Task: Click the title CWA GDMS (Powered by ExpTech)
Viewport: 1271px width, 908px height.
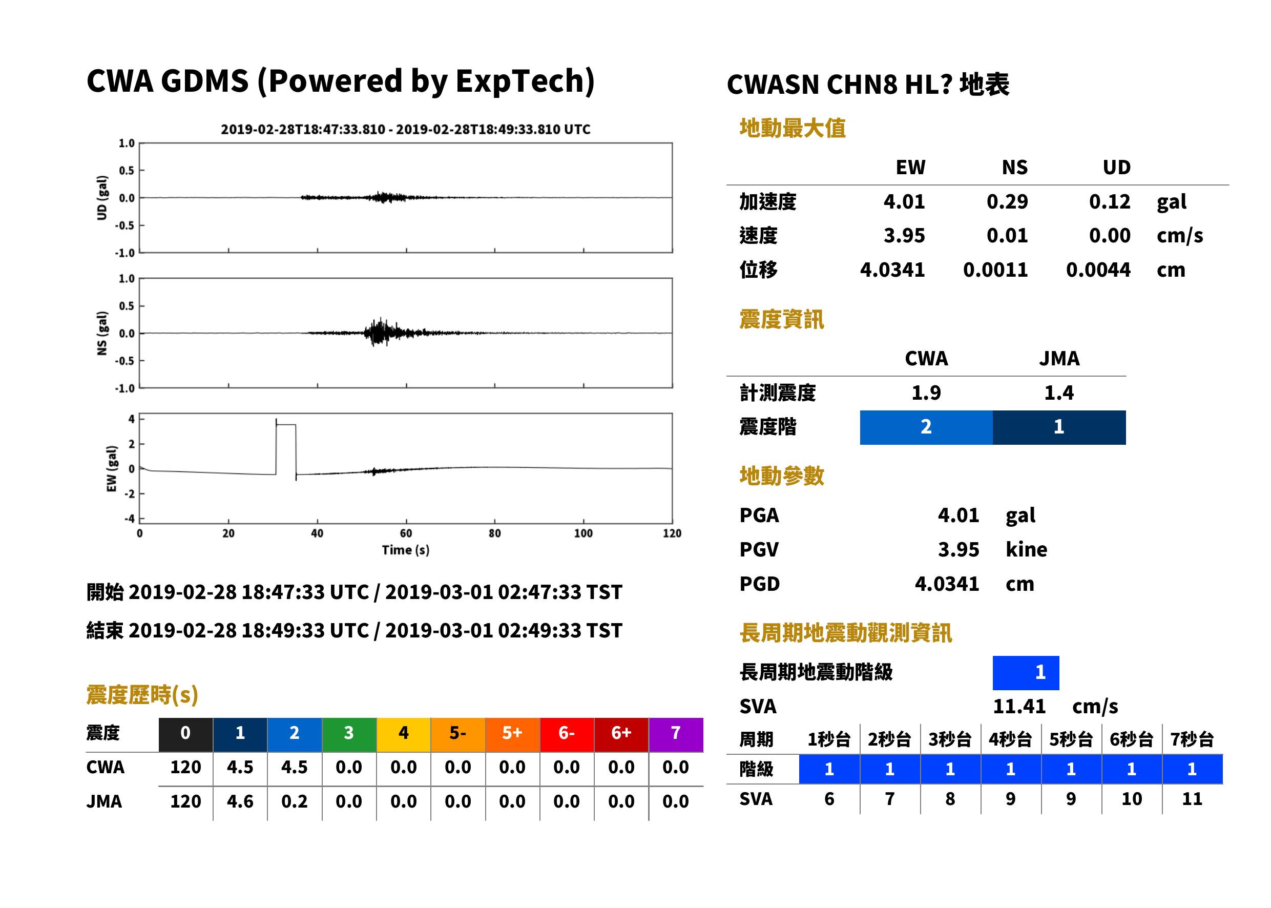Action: (340, 81)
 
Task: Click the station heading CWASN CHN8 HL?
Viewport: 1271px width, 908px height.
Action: (839, 85)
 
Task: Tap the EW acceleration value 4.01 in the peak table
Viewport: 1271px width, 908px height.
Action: (904, 201)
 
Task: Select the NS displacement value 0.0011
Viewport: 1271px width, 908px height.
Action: (995, 270)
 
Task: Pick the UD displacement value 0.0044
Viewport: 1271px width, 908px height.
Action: (1098, 270)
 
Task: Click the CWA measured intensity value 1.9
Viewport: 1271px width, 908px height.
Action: (926, 393)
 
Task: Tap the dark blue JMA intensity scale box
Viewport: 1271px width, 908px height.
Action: (1058, 427)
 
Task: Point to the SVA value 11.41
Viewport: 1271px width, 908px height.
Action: (1019, 706)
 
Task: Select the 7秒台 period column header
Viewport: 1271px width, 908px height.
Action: (1192, 739)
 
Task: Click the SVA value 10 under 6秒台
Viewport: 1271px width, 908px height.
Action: (1131, 798)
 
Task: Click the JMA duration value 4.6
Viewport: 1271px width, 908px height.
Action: (240, 801)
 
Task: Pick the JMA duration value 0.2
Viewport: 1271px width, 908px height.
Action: (294, 801)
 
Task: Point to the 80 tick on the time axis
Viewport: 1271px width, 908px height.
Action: (495, 533)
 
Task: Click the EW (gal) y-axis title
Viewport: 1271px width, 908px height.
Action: (112, 468)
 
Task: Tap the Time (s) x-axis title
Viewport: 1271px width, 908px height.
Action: (406, 550)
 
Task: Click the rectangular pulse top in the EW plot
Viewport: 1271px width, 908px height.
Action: (286, 425)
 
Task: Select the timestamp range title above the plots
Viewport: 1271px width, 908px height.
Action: (406, 129)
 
